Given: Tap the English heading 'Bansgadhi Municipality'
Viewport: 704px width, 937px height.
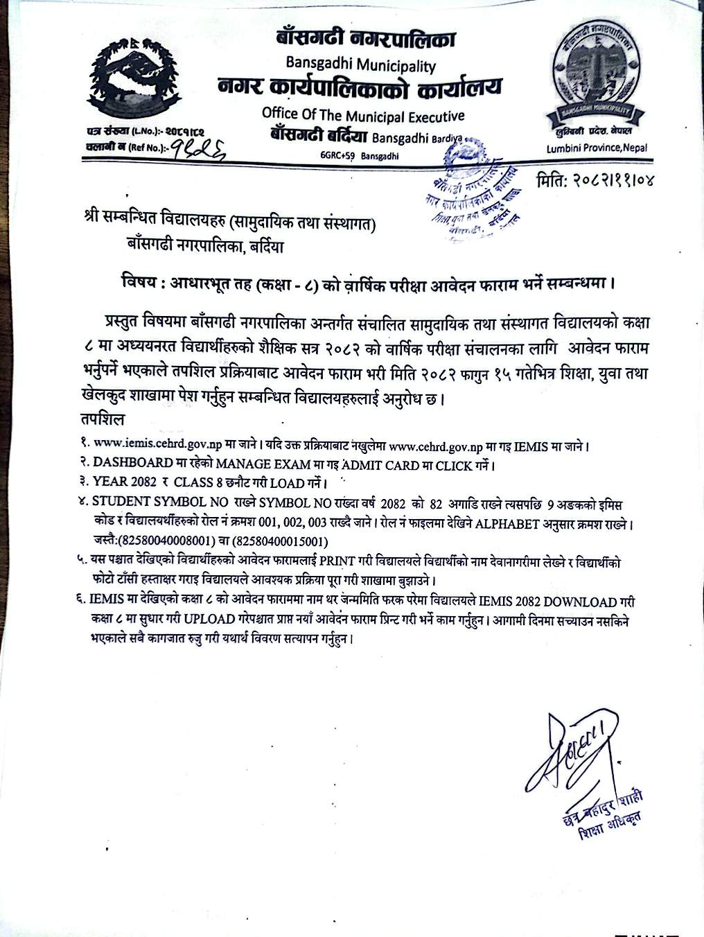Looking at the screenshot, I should click(360, 65).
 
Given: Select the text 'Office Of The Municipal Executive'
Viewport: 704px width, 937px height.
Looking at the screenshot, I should click(363, 115).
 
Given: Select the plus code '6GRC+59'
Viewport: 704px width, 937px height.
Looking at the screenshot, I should click(338, 157).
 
